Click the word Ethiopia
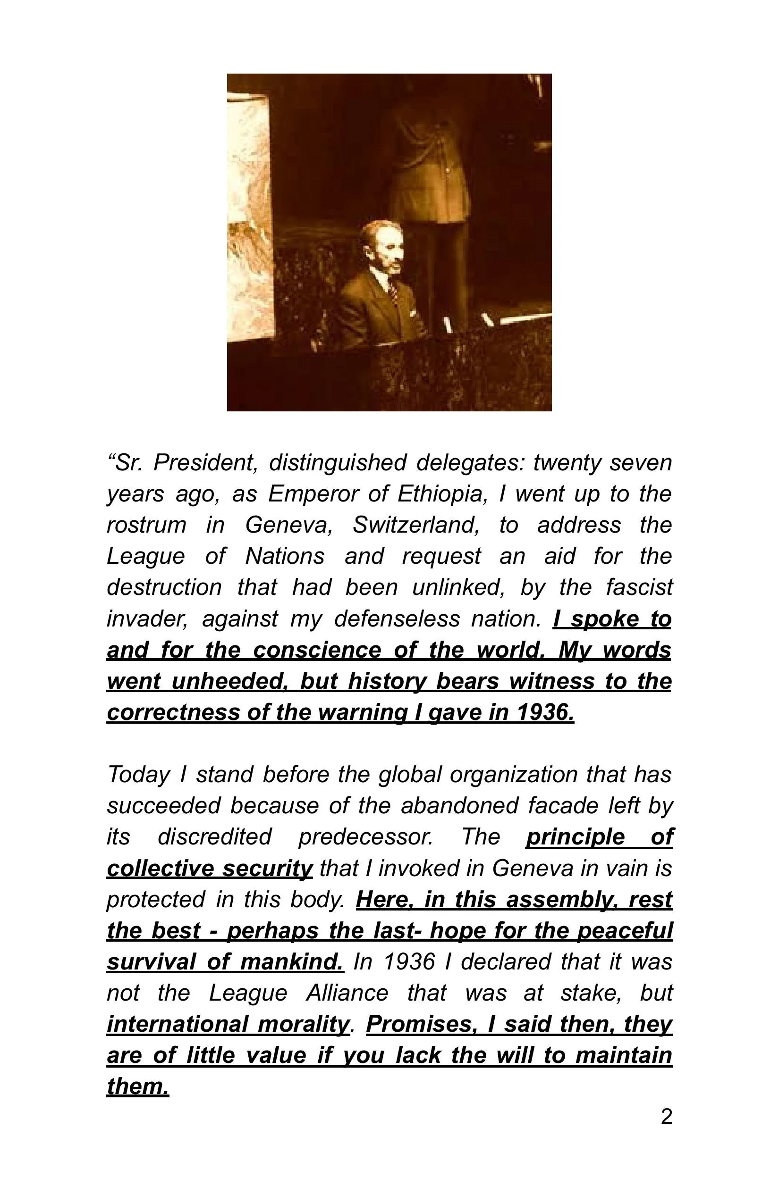441,494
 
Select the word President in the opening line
205,462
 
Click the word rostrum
146,525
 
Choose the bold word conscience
317,650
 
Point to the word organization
513,775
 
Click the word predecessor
365,837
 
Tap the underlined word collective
160,869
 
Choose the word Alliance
347,993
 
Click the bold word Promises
421,1025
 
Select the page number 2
666,1117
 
